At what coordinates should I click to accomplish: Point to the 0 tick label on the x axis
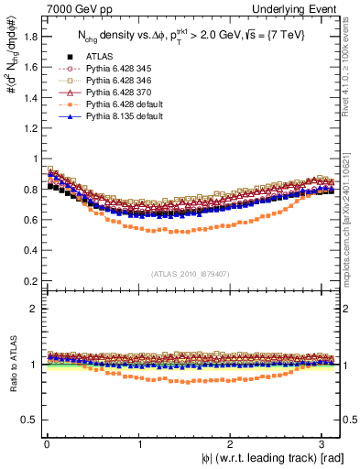(x=46, y=444)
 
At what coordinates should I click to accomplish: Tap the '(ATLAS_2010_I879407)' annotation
(x=189, y=273)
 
